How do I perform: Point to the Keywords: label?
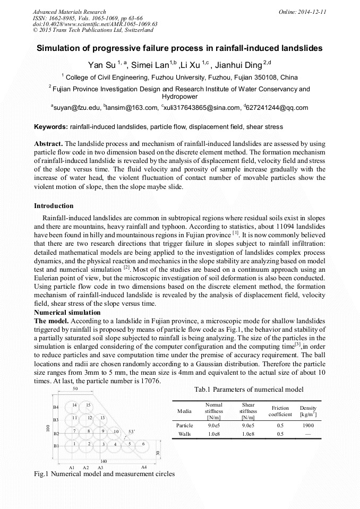click(51, 127)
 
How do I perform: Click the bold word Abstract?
click(48, 144)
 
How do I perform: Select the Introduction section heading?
click(54, 205)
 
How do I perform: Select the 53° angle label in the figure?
click(131, 430)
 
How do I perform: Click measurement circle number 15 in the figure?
click(89, 405)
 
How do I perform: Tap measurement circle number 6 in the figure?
click(143, 443)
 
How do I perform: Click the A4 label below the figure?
click(144, 467)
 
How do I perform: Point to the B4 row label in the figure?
click(56, 407)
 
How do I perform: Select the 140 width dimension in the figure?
click(104, 461)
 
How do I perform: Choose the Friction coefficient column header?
click(280, 411)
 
